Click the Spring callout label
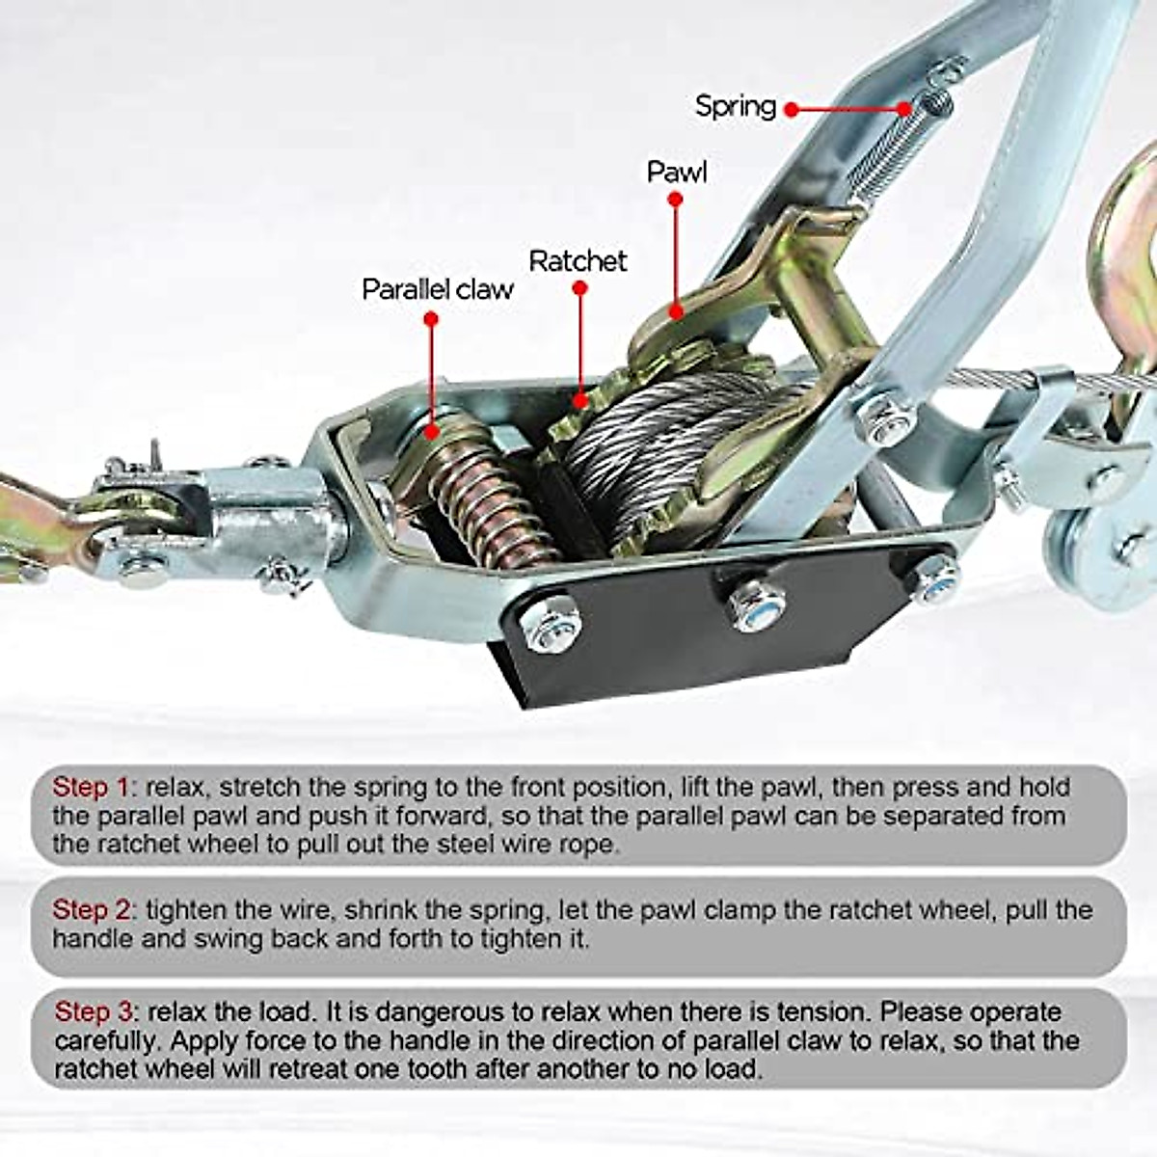(735, 106)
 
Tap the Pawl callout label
(676, 173)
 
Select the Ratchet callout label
(578, 260)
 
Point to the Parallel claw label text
(437, 289)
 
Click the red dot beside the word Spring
(791, 109)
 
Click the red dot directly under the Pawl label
(676, 200)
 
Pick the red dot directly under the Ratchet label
(578, 287)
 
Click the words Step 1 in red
(91, 787)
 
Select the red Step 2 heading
(93, 909)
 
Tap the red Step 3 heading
(94, 1011)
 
